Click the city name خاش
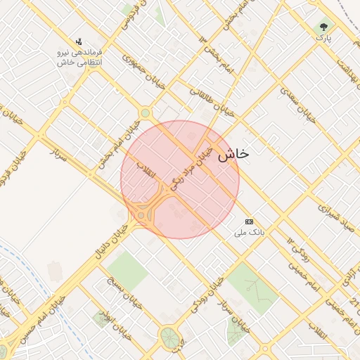click(x=233, y=154)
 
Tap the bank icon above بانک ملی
click(x=248, y=221)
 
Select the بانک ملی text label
click(x=247, y=231)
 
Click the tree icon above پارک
click(x=323, y=26)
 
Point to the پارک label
click(x=323, y=37)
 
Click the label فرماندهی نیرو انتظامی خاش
click(x=79, y=58)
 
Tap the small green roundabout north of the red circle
click(x=145, y=112)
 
